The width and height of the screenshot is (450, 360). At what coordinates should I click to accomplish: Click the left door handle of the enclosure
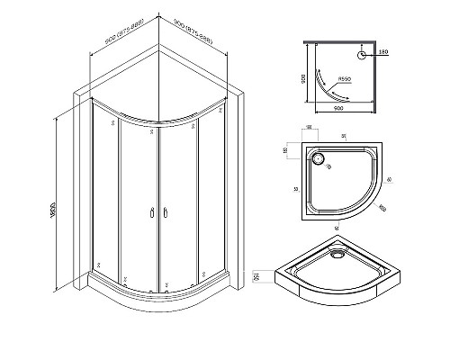pos(149,213)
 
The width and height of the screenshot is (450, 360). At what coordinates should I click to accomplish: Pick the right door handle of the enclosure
pos(164,213)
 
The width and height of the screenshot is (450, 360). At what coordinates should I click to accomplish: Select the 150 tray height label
pos(258,277)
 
